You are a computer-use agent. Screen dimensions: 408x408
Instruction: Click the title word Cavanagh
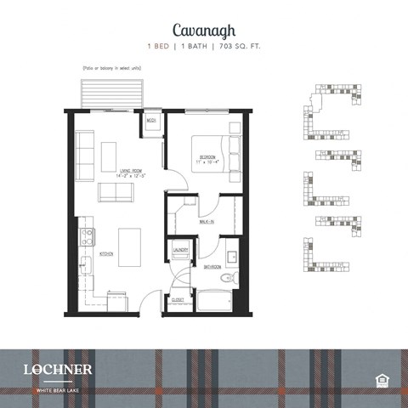tap(203, 30)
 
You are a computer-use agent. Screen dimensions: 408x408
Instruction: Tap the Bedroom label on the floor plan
tap(210, 157)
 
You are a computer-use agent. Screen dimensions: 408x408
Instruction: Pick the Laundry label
tap(180, 249)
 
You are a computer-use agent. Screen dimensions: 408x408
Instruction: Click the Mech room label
tap(151, 122)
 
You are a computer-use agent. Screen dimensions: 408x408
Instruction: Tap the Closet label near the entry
tap(177, 299)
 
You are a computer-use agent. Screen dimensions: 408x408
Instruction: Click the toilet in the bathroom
tap(226, 279)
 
